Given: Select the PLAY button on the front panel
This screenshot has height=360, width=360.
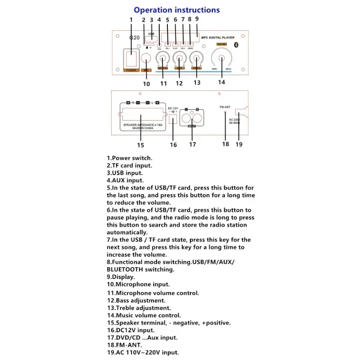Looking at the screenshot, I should pos(175,45).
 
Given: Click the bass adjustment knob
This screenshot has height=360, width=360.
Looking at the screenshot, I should pos(179,58).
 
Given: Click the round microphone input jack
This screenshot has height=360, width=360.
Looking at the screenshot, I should pos(146,59).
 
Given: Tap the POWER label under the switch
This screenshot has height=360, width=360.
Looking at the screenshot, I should pos(131,70).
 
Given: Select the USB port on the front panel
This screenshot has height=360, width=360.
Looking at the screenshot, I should pos(151,39).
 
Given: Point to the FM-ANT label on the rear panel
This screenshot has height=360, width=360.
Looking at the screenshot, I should pos(225,107).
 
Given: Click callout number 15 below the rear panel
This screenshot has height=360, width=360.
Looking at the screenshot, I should pos(140,145).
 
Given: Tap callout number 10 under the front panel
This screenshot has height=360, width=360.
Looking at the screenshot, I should pos(146,83).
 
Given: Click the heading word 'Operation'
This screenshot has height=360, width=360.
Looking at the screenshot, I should pos(153,10).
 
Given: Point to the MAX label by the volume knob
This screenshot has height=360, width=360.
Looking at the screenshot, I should pos(235,69).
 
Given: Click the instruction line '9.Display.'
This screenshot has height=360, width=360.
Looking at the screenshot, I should pos(121,277).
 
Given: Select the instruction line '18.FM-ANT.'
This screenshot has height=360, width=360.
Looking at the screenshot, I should pos(124,345).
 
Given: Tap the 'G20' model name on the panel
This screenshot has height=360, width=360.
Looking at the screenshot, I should pos(134,39).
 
